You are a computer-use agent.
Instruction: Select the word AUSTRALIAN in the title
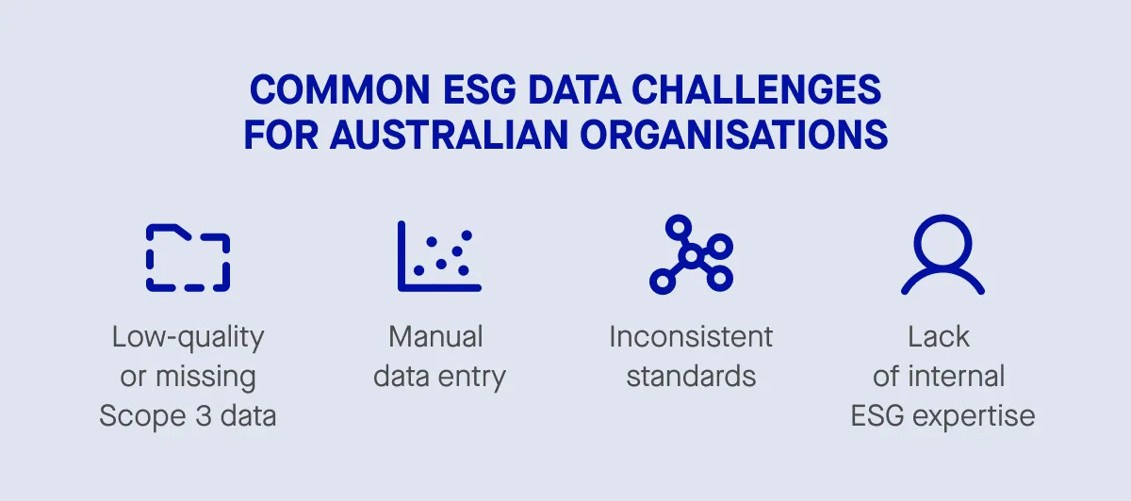pos(449,135)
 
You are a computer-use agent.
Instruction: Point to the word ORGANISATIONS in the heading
pos(733,135)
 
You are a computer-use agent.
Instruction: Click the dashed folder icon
pos(188,257)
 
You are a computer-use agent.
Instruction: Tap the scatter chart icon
pos(439,255)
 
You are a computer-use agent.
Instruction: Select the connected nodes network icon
pos(691,254)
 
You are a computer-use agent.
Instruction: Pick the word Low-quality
pos(188,336)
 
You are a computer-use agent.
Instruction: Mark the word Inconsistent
pos(691,336)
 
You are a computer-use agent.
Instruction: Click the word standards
pos(691,377)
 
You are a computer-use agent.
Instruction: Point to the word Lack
pos(939,336)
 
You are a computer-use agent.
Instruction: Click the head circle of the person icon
pos(942,242)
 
